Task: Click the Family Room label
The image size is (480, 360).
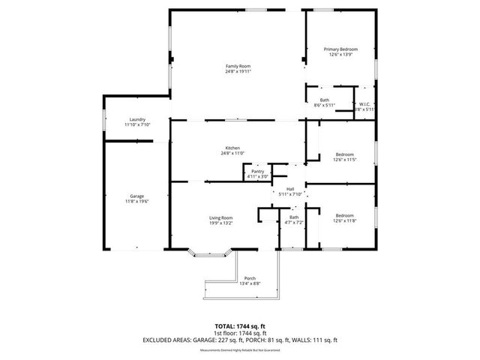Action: [x=238, y=66]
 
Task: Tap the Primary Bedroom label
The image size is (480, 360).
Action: [x=340, y=49]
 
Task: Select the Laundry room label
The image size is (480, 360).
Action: [x=137, y=119]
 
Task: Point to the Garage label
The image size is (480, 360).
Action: [x=137, y=196]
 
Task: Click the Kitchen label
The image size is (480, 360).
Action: [x=233, y=148]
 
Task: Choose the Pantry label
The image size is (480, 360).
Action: [x=257, y=172]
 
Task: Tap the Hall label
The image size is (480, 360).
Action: [x=289, y=189]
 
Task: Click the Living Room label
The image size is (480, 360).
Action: [x=220, y=217]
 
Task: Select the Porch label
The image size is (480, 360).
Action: [x=250, y=278]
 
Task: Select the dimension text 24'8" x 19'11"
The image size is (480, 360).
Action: [x=238, y=71]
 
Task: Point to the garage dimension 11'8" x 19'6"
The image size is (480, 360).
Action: [x=137, y=201]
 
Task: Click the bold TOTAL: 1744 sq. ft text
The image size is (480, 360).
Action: [x=240, y=326]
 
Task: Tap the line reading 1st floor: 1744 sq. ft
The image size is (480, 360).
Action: [x=240, y=333]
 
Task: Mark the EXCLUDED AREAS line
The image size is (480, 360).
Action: [x=240, y=340]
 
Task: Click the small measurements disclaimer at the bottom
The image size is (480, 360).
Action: [x=240, y=348]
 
